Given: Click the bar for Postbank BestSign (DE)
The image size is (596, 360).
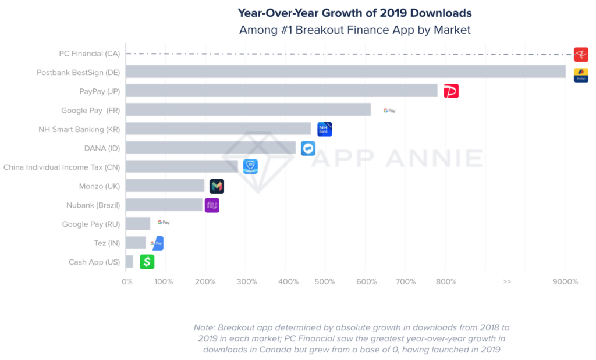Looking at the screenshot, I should click(346, 72).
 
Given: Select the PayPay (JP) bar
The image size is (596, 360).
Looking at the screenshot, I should click(282, 91).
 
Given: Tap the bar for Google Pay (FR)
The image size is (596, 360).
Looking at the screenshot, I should click(248, 110).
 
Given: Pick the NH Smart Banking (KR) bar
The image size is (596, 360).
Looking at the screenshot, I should click(218, 129).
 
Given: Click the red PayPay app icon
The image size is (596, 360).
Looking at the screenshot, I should click(451, 91).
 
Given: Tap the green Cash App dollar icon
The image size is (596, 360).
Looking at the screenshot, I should click(147, 262).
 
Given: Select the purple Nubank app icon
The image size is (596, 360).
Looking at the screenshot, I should click(212, 205).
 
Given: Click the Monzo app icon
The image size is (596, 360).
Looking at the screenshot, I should click(217, 186).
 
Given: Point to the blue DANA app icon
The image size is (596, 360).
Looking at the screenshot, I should click(308, 148).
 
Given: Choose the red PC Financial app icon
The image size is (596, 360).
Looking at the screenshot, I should click(581, 55).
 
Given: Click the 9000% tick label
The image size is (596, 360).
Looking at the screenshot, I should click(565, 282).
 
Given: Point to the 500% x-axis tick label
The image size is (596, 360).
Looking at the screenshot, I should click(325, 282).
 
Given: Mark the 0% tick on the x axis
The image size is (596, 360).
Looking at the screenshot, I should click(127, 282).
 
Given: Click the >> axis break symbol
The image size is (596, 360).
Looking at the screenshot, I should click(507, 282).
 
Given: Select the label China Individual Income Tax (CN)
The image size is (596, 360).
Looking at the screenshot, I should click(62, 167).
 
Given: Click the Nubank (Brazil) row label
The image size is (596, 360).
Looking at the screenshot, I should click(93, 205).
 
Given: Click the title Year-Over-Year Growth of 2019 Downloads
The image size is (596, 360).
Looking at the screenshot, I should click(354, 13).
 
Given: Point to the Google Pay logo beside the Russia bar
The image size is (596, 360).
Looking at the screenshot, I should click(164, 223).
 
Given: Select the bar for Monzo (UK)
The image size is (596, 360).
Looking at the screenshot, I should click(165, 186).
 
